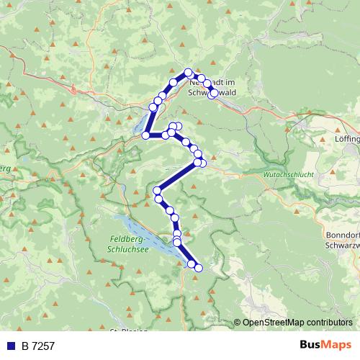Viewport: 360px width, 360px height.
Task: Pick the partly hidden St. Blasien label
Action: [130, 332]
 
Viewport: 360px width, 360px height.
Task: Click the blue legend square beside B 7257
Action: [11, 346]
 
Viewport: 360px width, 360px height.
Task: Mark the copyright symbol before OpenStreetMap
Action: [238, 323]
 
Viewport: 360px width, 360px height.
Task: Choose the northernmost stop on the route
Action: [189, 72]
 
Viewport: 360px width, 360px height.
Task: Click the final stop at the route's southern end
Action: [199, 269]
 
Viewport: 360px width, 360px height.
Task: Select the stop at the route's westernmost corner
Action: [145, 135]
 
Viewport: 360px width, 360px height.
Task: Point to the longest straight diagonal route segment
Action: [177, 176]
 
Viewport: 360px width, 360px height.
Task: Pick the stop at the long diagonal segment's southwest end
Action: [157, 189]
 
